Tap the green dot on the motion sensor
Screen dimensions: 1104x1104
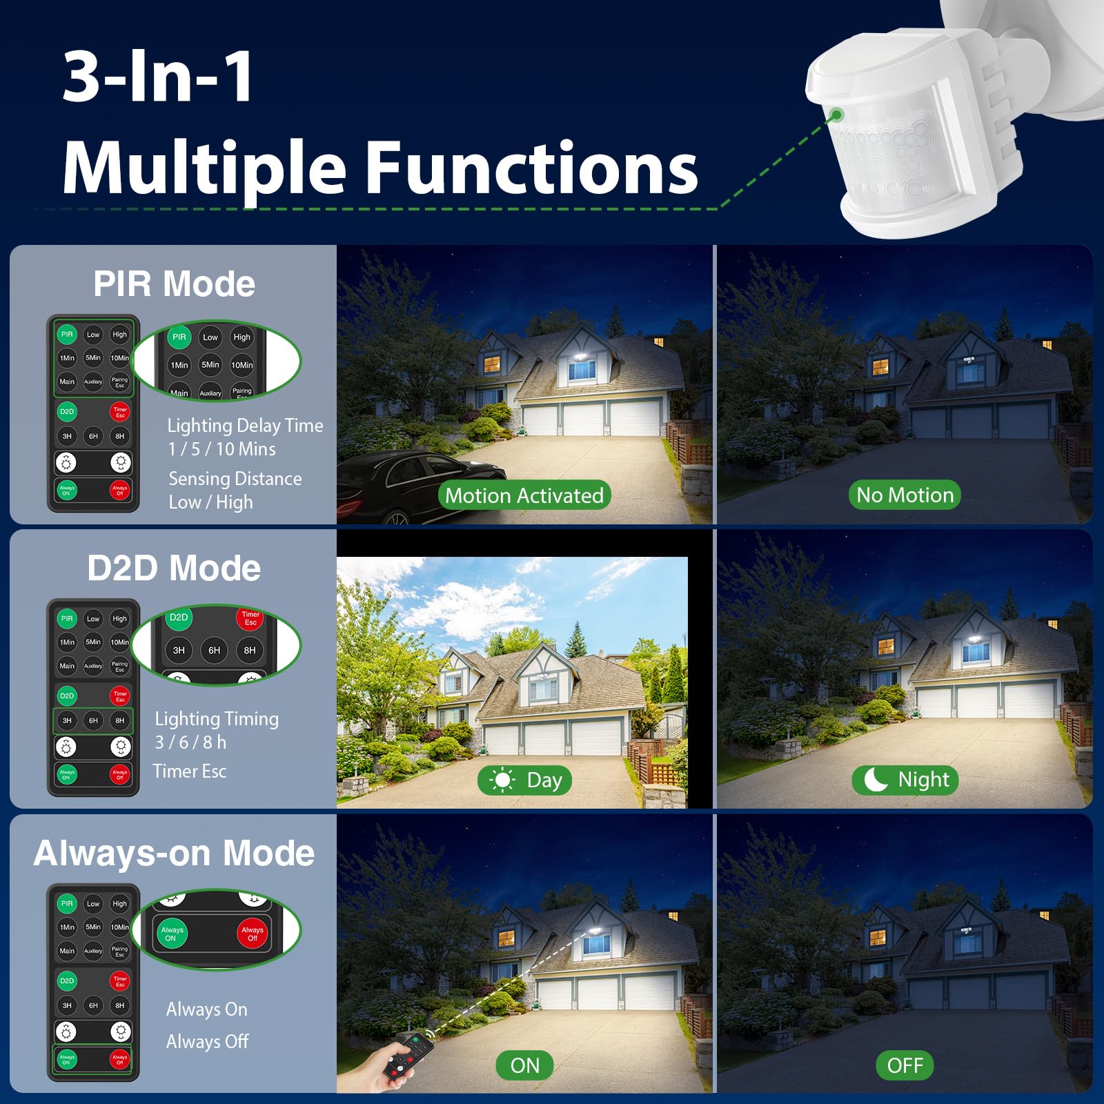click(837, 115)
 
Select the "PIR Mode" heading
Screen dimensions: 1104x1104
click(174, 284)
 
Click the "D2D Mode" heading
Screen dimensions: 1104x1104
click(174, 568)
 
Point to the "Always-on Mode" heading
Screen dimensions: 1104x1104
click(174, 853)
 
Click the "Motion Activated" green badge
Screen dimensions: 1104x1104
click(524, 495)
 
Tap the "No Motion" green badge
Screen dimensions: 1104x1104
click(905, 495)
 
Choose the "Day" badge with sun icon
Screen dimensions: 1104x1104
click(525, 780)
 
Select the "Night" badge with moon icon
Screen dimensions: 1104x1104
click(905, 780)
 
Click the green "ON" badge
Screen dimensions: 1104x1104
click(525, 1065)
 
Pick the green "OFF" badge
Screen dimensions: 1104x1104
click(905, 1065)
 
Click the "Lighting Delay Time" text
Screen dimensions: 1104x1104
click(245, 426)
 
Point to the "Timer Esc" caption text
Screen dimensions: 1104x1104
click(190, 771)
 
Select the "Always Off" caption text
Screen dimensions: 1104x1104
click(207, 1041)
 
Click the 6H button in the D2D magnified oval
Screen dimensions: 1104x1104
click(215, 650)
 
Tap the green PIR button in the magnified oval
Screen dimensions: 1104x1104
click(179, 337)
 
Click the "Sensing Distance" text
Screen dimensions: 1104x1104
click(235, 479)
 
